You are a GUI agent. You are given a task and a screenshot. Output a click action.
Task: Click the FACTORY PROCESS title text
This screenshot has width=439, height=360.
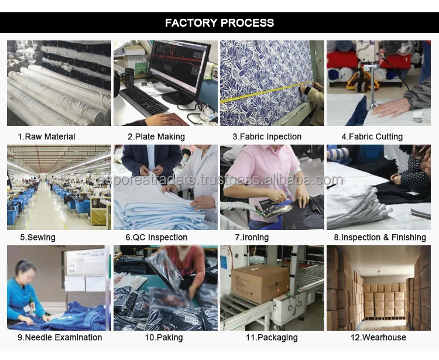click(x=220, y=23)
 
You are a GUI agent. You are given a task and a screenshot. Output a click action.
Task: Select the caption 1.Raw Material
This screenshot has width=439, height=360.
click(x=47, y=136)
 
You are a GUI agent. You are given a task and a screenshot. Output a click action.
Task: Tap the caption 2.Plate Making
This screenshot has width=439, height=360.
click(x=156, y=136)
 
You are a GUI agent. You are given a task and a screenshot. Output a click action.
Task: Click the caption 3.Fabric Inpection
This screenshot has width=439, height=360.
click(x=267, y=136)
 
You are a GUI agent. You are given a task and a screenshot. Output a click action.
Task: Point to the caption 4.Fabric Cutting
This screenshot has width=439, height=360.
click(x=372, y=136)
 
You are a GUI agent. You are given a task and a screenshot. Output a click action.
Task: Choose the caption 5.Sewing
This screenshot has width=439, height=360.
click(x=37, y=237)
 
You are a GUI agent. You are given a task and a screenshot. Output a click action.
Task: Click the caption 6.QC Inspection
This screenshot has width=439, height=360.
click(x=156, y=237)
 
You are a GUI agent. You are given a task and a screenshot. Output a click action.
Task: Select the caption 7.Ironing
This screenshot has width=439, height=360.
click(x=252, y=237)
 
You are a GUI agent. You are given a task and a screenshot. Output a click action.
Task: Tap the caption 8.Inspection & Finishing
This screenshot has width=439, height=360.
click(x=380, y=237)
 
